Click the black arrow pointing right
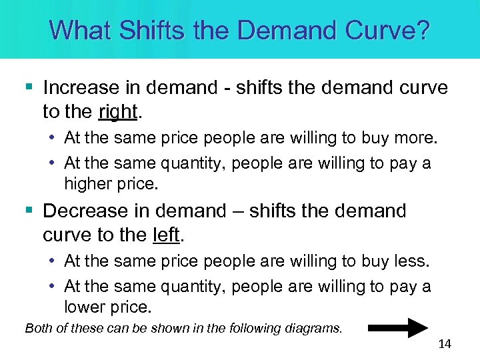coord(399,328)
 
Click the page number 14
coord(445,344)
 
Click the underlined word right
coord(117,113)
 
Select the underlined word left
coord(167,235)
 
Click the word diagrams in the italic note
coord(317,327)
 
